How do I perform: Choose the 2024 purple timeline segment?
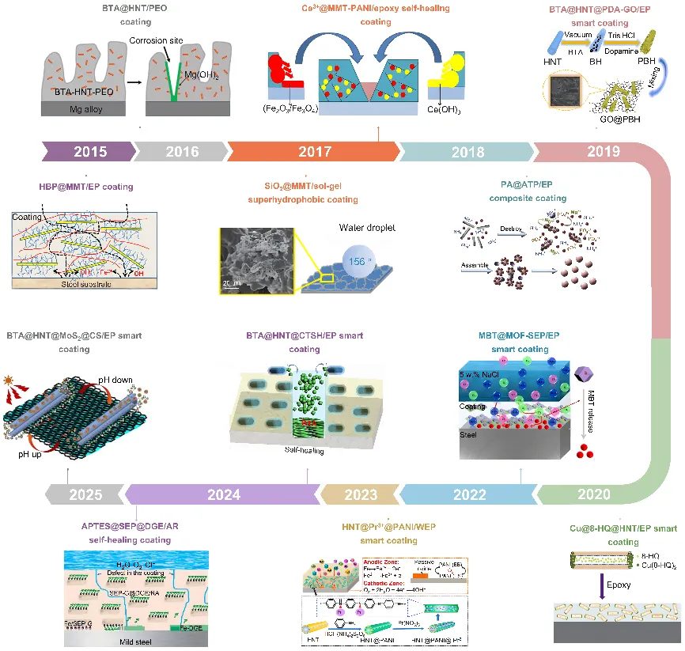(223, 495)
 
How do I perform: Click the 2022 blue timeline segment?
(470, 495)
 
